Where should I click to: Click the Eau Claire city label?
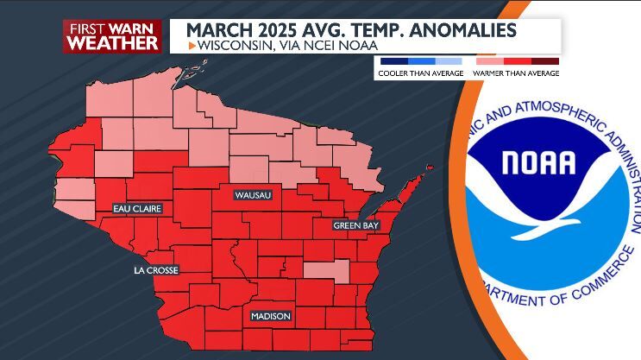(x=137, y=209)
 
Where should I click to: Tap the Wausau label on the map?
(x=254, y=196)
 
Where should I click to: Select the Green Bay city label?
(x=356, y=225)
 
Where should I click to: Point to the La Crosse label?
(x=155, y=270)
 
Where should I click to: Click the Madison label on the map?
(x=270, y=316)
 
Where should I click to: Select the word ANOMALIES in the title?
(x=466, y=31)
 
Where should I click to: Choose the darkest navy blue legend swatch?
(x=393, y=61)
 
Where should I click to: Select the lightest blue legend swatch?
(x=449, y=61)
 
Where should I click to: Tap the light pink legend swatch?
(x=488, y=61)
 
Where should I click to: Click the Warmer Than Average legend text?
(x=517, y=73)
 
